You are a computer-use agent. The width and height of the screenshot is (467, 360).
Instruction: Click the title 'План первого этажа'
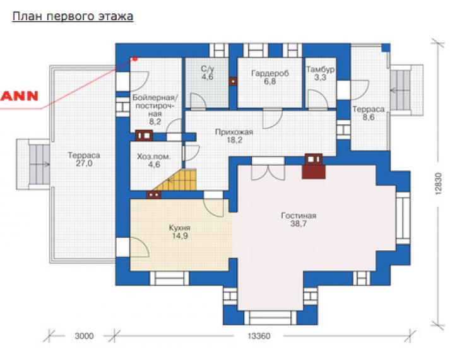73,16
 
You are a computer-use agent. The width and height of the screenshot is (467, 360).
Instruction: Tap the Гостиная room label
299,216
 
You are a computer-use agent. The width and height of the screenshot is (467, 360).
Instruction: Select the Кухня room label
180,228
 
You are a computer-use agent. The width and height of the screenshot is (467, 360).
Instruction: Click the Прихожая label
234,132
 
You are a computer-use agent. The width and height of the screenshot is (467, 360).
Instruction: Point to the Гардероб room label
270,73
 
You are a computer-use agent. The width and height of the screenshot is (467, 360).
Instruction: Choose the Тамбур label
320,69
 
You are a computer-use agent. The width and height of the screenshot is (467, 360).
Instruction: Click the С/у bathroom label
207,69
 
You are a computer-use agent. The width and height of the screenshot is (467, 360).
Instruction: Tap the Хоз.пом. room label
154,156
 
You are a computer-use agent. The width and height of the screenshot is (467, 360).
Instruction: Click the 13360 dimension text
259,336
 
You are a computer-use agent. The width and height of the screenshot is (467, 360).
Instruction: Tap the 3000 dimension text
84,336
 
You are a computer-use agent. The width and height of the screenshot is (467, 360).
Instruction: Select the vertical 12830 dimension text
439,183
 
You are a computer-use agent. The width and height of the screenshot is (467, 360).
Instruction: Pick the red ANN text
19,96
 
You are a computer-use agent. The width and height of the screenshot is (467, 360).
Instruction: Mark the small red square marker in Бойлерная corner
135,59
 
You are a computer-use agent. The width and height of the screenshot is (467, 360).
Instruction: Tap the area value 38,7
299,224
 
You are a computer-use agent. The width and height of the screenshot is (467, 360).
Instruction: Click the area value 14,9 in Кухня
180,236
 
